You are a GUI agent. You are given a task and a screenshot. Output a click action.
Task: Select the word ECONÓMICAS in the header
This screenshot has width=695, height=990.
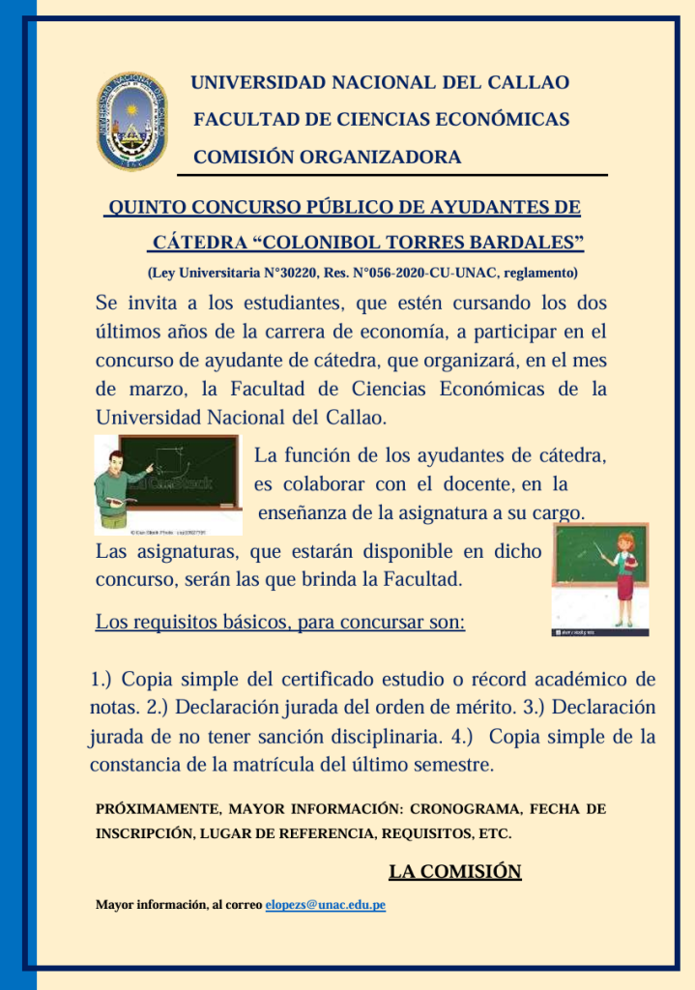503,120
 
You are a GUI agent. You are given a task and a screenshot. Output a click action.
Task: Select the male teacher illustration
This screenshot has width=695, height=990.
166,484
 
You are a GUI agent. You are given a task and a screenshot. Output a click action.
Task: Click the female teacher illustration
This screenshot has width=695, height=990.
600,579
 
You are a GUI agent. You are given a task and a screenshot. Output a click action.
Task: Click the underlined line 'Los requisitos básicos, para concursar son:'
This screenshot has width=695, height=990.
280,621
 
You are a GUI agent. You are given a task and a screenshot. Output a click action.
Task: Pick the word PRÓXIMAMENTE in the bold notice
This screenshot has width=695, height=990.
159,808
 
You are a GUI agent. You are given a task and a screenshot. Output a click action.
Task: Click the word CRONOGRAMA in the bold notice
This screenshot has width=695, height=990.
466,808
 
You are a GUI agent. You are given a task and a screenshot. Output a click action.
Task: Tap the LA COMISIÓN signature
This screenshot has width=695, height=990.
454,872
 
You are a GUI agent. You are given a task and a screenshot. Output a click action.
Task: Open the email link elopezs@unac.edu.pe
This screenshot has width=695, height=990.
325,905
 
